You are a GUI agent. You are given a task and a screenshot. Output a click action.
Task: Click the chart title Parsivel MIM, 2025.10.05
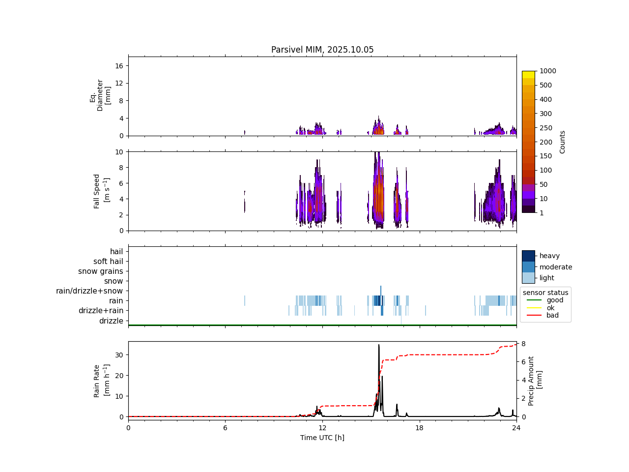coord(322,50)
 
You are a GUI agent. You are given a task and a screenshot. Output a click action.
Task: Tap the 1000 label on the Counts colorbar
coord(547,71)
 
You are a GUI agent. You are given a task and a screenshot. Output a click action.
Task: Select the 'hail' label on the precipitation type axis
coord(116,252)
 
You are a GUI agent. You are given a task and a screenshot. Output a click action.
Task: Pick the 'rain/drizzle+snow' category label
coord(89,291)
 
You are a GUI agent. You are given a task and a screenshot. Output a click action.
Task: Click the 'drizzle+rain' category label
coord(101,311)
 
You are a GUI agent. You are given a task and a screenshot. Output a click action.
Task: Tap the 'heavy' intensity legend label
coord(549,256)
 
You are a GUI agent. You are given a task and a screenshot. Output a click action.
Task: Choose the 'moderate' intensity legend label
coord(556,267)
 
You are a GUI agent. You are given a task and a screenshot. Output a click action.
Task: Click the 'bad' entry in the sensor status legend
coord(552,315)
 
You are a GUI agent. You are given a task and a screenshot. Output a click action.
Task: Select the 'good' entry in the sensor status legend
coord(555,300)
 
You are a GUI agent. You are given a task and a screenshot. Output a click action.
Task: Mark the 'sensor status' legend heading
coord(545,293)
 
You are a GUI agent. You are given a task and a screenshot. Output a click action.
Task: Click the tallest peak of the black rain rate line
coord(379,345)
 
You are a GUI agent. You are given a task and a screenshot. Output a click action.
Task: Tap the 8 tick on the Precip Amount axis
coord(524,344)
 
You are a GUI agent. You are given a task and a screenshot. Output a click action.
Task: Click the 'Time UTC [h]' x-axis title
coord(322,438)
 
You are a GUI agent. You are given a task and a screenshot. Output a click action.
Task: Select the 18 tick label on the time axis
coord(419,428)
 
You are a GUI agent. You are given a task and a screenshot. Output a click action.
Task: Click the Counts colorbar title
coord(563,142)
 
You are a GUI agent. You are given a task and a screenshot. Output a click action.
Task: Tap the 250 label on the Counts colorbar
coord(545,128)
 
